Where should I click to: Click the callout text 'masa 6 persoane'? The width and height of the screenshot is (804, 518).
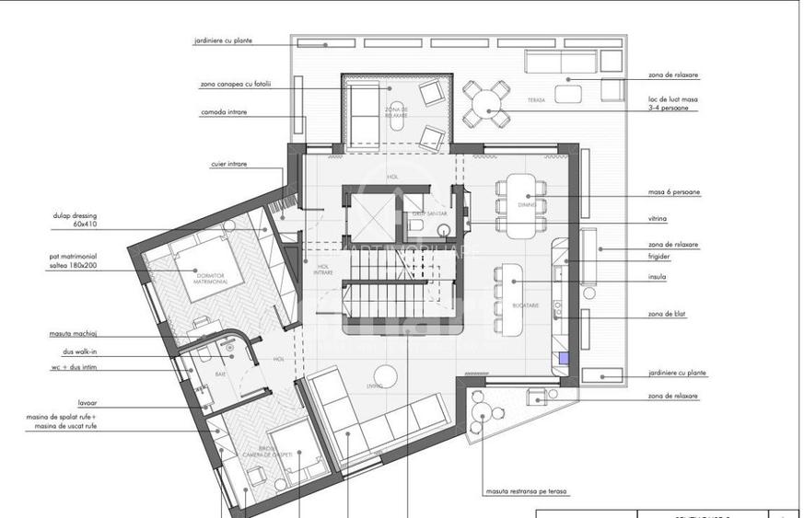pyautogui.click(x=673, y=193)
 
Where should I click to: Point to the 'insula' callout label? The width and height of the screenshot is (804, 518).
pyautogui.click(x=657, y=276)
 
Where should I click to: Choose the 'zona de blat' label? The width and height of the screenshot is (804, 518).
pyautogui.click(x=667, y=315)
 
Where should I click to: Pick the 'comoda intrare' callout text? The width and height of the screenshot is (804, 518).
pyautogui.click(x=223, y=112)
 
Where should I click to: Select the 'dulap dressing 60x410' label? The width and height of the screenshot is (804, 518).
pyautogui.click(x=76, y=220)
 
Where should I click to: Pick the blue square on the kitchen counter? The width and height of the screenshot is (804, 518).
pyautogui.click(x=564, y=361)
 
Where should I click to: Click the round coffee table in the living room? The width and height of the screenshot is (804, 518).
pyautogui.click(x=387, y=373)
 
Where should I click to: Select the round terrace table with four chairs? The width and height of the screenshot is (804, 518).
pyautogui.click(x=485, y=103)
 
